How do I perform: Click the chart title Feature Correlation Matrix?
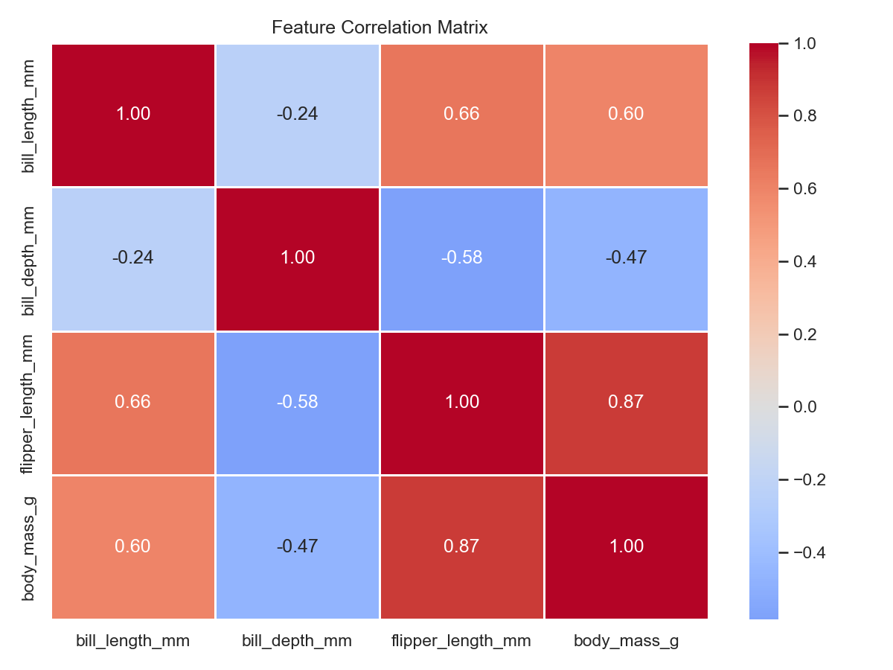pos(380,28)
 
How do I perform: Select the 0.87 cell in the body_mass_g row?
pos(461,546)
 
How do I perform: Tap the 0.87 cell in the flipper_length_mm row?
pos(626,402)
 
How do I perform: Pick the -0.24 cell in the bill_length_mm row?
pos(298,114)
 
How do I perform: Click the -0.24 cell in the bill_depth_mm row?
pos(133,258)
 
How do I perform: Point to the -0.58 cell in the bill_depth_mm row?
pos(461,258)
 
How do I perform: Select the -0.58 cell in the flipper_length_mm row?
pos(298,402)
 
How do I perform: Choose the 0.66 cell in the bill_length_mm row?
pos(461,114)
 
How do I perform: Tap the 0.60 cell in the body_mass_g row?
pos(133,546)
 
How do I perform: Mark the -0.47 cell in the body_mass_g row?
pos(298,546)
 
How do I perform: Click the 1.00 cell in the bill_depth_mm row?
pos(298,258)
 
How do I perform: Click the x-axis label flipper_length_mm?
pos(461,641)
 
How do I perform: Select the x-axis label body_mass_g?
pos(626,641)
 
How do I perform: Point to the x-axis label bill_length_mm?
pos(133,641)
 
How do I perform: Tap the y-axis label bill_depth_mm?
pos(29,258)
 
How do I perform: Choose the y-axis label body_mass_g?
pos(29,546)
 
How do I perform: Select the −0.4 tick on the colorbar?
pos(804,552)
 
